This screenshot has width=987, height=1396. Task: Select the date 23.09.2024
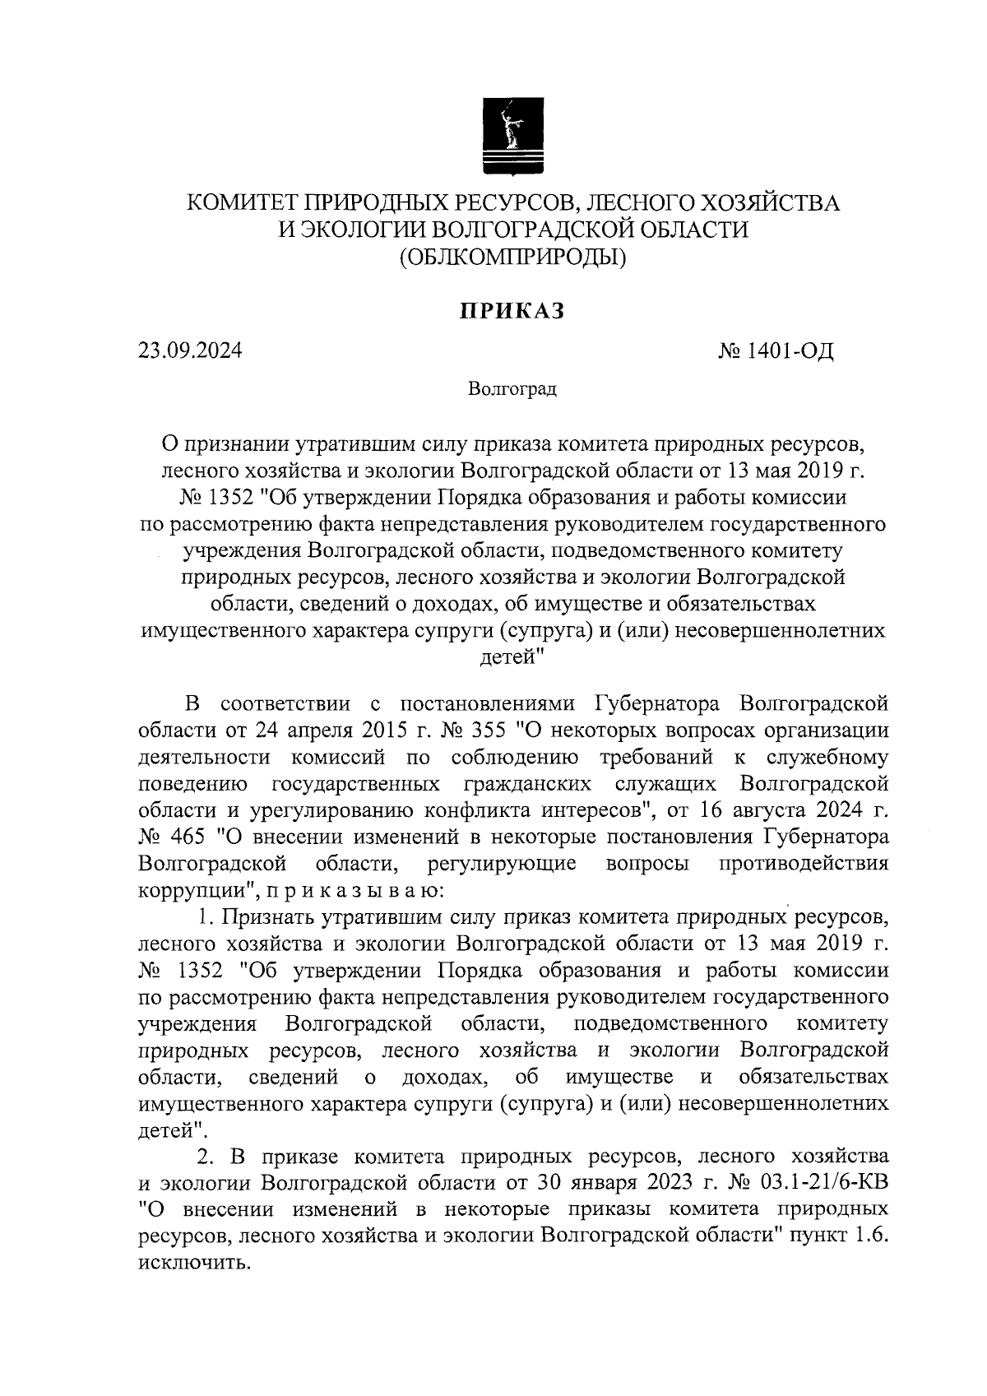coord(190,351)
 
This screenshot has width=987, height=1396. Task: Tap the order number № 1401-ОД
coord(776,352)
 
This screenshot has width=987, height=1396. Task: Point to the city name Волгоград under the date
coord(512,388)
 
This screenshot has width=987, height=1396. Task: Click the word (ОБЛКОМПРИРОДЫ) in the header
coord(512,258)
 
